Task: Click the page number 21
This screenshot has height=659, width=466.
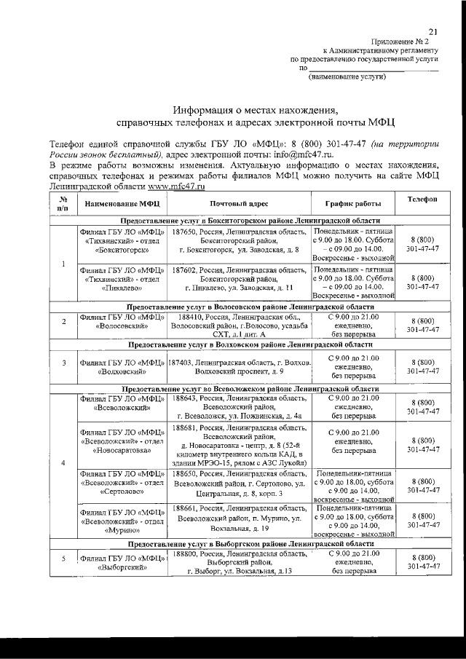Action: click(x=433, y=31)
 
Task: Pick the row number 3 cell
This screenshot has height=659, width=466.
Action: click(x=64, y=362)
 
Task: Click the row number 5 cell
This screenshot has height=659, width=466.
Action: click(x=64, y=559)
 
